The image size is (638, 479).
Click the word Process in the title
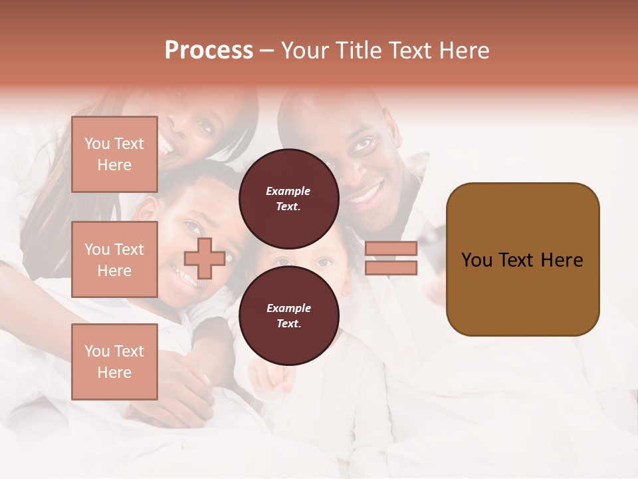point(209,51)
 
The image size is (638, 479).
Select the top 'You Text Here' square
point(114,154)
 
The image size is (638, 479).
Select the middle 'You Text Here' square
point(114,259)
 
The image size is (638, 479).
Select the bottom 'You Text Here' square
point(114,361)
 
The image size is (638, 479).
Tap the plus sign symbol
point(205,258)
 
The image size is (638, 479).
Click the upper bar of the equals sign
point(391,248)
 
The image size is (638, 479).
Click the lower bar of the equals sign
point(391,267)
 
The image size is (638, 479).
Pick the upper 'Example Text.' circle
point(288,198)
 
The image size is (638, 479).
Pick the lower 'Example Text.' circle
point(288,315)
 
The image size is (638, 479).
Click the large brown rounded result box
point(522,259)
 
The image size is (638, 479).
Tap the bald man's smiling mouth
point(368,194)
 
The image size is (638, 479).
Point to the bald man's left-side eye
point(364,143)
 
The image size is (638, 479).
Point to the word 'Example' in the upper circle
point(288,191)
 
